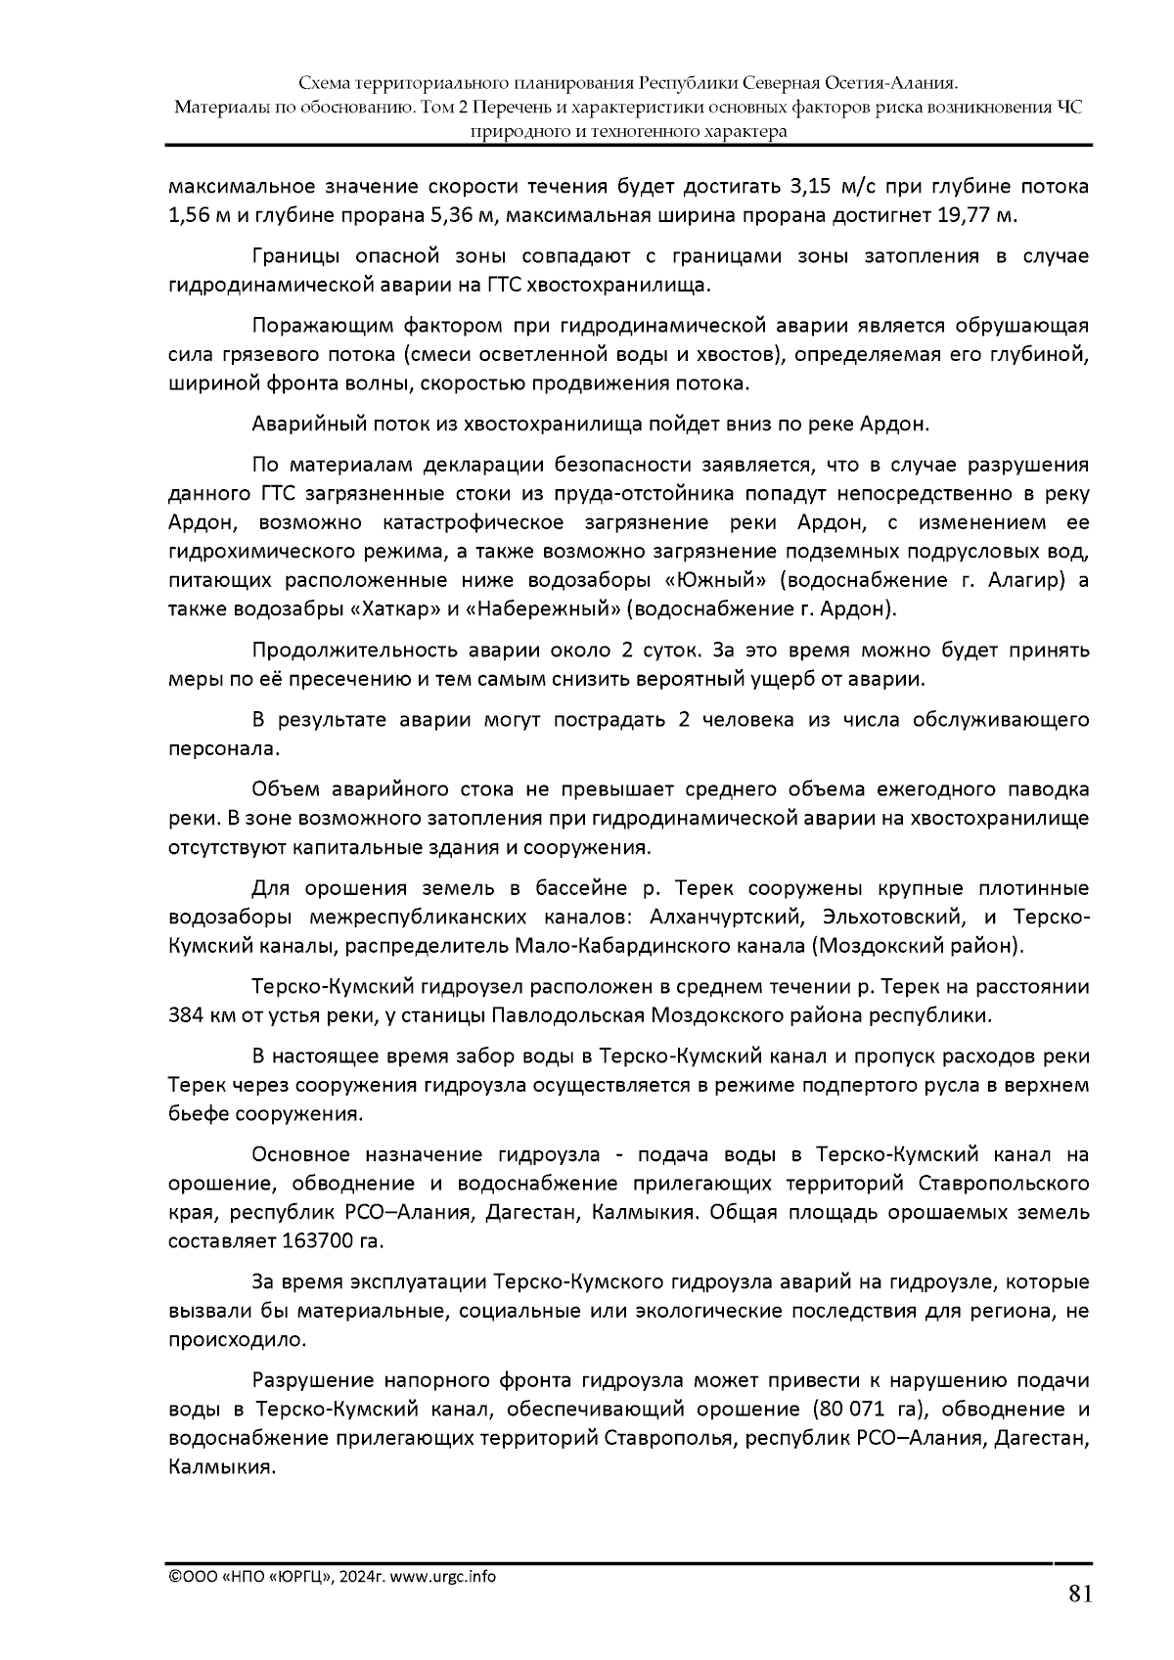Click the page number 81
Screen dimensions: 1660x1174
[x=1078, y=1594]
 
